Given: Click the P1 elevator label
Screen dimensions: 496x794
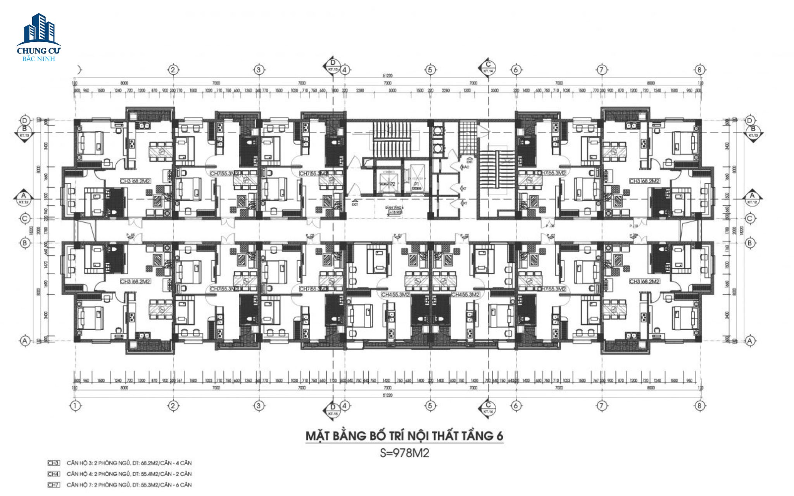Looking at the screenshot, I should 417,184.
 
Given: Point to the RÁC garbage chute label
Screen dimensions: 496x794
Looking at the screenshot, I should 466,167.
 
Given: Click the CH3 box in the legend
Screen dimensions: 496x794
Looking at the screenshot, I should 53,463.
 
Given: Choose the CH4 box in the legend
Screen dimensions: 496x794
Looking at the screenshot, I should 53,474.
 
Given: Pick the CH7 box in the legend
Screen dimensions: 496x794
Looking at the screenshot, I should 53,485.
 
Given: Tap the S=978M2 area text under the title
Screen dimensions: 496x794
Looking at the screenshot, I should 404,453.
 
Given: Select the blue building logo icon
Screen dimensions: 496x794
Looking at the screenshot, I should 39,29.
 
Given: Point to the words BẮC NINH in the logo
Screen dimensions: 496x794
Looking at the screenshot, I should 39,59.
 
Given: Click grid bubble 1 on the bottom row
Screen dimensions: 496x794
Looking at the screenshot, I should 75,406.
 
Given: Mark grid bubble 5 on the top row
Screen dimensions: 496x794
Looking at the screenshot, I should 430,70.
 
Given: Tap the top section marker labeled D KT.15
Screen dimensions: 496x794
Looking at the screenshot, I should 333,65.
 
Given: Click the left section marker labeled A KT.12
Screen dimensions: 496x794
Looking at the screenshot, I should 24,198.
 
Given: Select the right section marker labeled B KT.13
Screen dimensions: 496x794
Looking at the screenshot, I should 753,132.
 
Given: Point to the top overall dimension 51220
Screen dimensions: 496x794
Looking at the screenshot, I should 387,76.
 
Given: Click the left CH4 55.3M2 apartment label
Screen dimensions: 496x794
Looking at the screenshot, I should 395,294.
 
